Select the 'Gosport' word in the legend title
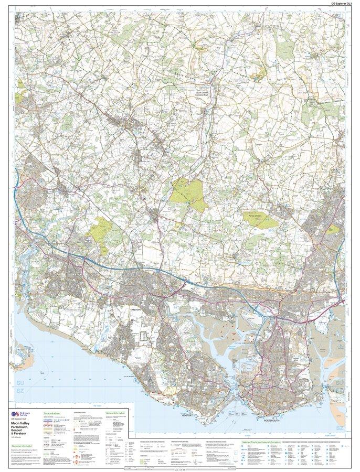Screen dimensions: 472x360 tap(20, 431)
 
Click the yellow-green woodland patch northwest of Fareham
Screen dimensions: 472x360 tap(103, 229)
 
